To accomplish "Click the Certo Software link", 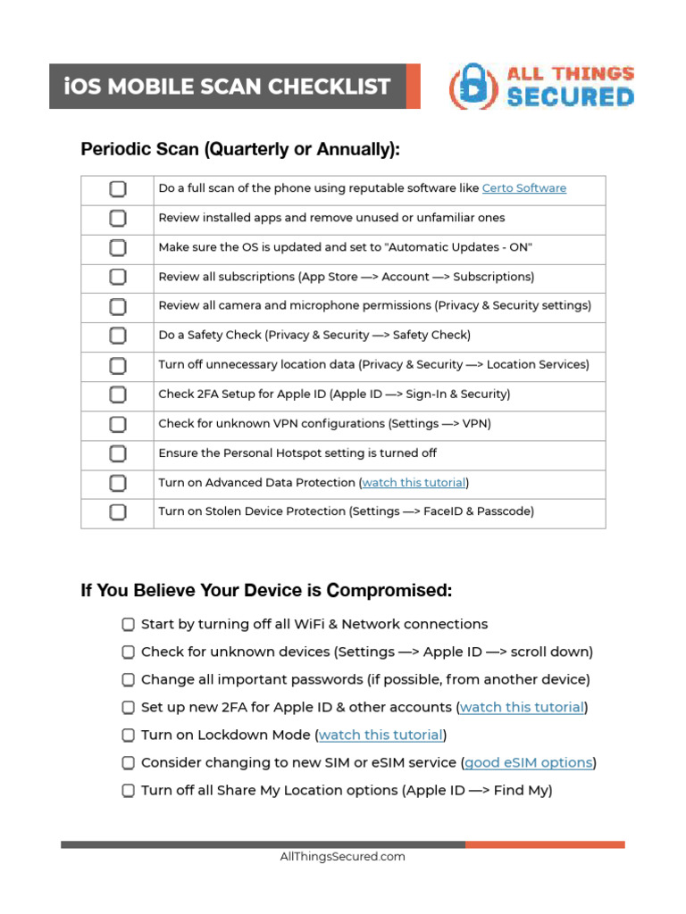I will (x=523, y=188).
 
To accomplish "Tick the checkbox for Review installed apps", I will (x=118, y=218).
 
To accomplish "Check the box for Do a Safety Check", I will (x=118, y=336).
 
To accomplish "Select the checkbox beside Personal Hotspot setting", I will (x=118, y=453).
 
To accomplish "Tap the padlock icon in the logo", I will (x=473, y=87).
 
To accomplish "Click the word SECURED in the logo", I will (x=571, y=97).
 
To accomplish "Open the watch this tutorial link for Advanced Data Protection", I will (x=414, y=483).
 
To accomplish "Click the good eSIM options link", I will (x=529, y=763).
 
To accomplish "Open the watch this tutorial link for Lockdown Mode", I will (x=381, y=735).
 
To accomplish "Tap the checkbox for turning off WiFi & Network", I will (x=129, y=625).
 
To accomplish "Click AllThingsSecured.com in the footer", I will (x=342, y=857).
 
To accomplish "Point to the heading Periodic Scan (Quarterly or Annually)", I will (x=240, y=150).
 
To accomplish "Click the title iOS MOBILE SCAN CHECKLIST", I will (x=228, y=87).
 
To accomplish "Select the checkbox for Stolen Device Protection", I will (x=118, y=512).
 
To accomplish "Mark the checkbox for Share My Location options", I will (x=129, y=791).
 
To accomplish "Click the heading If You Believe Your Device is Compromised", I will (x=266, y=591).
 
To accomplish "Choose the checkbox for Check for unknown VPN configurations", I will (x=118, y=424).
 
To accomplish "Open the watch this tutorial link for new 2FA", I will (x=522, y=708).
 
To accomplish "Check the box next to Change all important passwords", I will (x=129, y=680).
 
